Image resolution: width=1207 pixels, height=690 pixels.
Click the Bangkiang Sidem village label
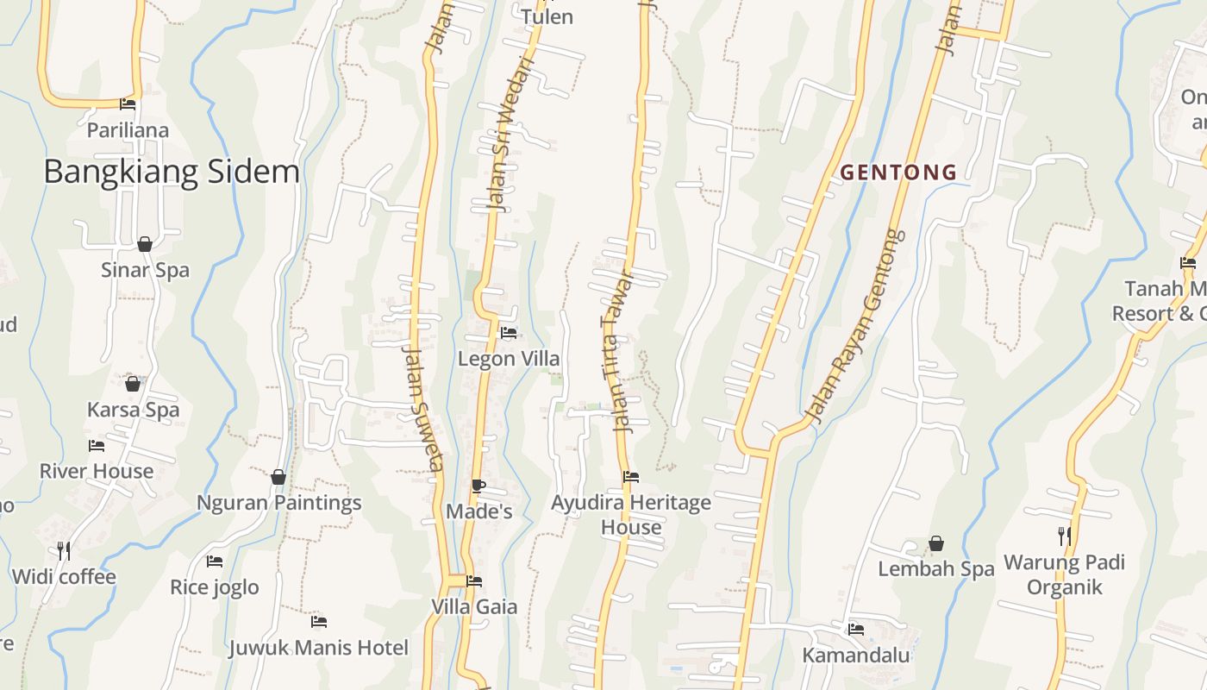(x=172, y=172)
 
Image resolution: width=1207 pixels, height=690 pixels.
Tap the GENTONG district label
(x=898, y=172)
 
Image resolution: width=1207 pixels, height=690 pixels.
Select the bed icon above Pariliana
(x=128, y=105)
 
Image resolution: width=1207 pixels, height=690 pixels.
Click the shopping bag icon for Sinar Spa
(x=145, y=244)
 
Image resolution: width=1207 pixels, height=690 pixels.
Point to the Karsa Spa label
(x=134, y=409)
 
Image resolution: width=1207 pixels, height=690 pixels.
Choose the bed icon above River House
(x=97, y=446)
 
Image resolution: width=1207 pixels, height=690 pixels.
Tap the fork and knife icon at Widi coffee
(x=63, y=549)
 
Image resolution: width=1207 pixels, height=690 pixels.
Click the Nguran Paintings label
(x=278, y=502)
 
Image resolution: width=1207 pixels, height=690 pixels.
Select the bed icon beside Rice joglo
(x=215, y=561)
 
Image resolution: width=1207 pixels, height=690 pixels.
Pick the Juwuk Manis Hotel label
(x=318, y=647)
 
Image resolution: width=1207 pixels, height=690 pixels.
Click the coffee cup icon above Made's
(x=478, y=486)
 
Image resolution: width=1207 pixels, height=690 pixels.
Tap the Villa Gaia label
(x=474, y=606)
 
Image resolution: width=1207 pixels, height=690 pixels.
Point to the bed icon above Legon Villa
(x=509, y=333)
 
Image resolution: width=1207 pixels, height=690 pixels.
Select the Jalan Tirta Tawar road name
(x=616, y=352)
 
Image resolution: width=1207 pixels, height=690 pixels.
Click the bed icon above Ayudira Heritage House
(x=631, y=477)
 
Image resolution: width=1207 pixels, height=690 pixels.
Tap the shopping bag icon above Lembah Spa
(x=935, y=544)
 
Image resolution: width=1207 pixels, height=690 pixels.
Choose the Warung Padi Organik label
(x=1064, y=574)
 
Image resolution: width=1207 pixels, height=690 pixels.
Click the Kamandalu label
(x=855, y=655)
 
